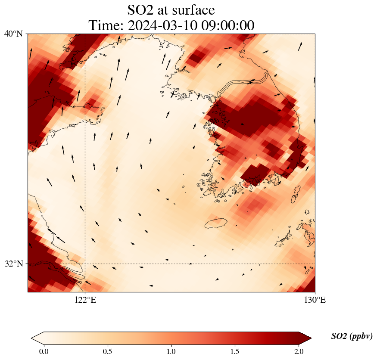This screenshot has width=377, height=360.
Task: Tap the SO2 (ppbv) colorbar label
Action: (x=352, y=336)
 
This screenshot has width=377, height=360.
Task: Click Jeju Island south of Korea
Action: (x=216, y=223)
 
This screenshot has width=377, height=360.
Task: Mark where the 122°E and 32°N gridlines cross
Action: (x=85, y=264)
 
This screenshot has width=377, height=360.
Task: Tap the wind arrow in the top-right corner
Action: (x=300, y=46)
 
